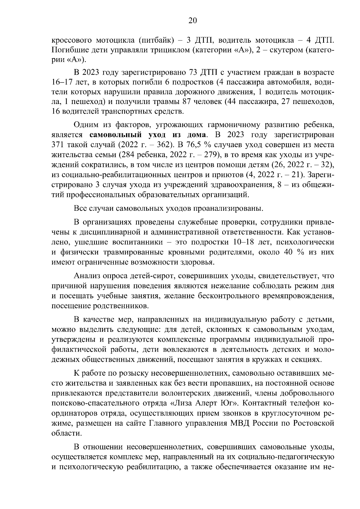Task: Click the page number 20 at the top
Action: pyautogui.click(x=192, y=20)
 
